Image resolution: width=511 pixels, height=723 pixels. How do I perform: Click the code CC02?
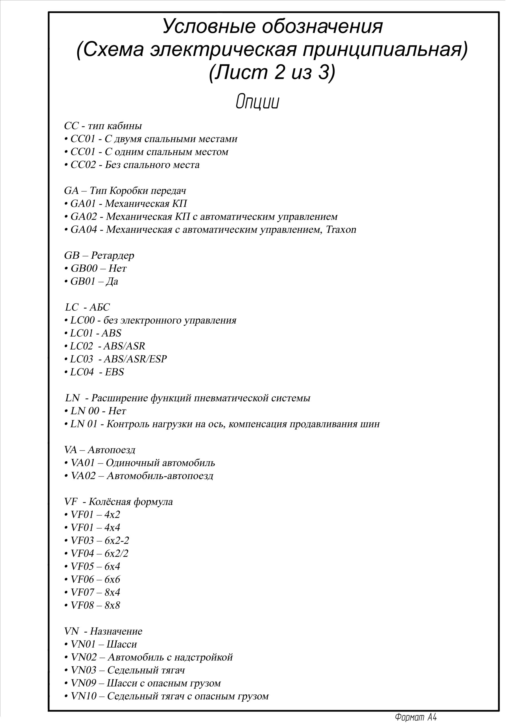coord(83,165)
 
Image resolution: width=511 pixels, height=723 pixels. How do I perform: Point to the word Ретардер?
coord(113,255)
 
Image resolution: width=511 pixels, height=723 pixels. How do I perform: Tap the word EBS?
coord(114,372)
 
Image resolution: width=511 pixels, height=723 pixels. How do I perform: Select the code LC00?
coord(82,320)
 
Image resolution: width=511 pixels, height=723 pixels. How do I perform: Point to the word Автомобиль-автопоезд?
coord(160,476)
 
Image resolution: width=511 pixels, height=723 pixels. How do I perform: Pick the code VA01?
coord(83,463)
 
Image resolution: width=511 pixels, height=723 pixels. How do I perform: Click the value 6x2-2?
coord(117,540)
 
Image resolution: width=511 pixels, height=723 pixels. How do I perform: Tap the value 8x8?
coord(112,605)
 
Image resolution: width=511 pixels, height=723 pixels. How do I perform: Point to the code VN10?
coord(84,696)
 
